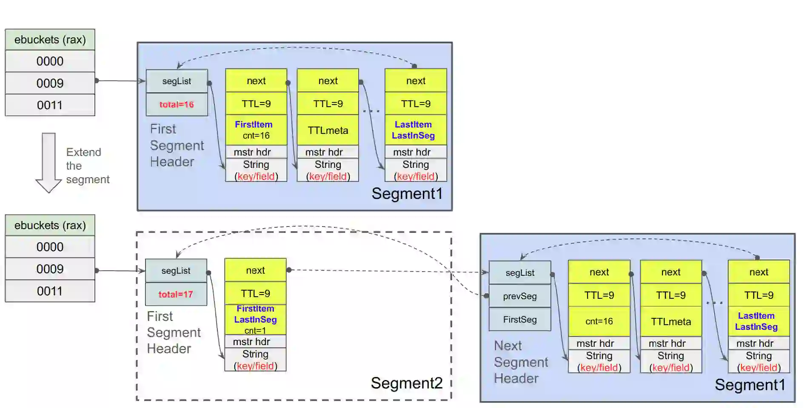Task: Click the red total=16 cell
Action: tap(177, 105)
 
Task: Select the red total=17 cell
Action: tap(176, 294)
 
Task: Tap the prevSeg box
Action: tap(520, 296)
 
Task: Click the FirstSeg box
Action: tap(520, 320)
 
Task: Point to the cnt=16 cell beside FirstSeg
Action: tap(599, 321)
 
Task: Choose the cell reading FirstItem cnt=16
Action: tap(256, 130)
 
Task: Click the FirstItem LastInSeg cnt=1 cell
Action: tap(255, 320)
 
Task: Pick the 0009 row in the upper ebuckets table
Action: tap(50, 83)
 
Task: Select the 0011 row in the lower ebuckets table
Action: tap(50, 291)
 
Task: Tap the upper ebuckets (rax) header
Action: tap(50, 40)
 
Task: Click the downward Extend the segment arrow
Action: tap(48, 163)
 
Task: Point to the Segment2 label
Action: tap(407, 383)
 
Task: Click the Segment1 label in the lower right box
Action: tap(750, 385)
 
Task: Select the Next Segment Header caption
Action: tap(521, 362)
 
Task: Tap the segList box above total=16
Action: tap(177, 81)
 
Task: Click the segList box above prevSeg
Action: tap(520, 273)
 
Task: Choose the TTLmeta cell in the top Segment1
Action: tap(328, 130)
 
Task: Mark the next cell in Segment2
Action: tap(255, 270)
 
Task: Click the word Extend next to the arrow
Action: tap(84, 152)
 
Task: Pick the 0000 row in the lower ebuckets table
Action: tap(50, 247)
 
